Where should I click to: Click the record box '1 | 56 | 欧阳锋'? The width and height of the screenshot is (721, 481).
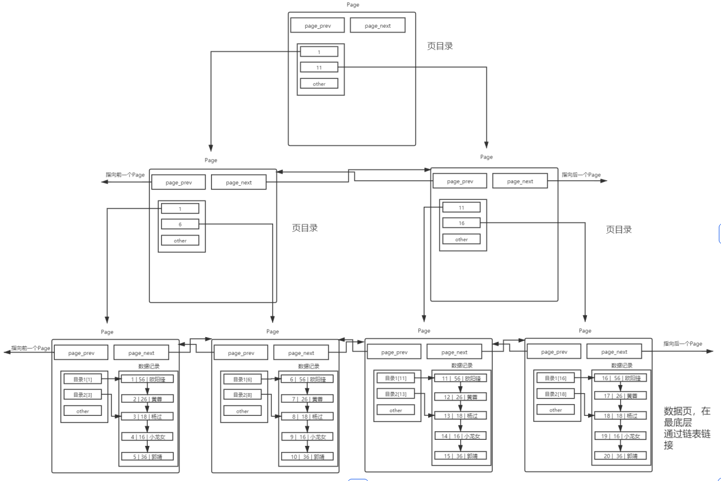147,379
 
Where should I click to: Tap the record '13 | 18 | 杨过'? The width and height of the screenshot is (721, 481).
461,416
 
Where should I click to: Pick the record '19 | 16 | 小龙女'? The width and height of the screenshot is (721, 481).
620,435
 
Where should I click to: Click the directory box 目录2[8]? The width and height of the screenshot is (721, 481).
242,394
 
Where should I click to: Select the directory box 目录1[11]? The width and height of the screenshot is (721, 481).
396,378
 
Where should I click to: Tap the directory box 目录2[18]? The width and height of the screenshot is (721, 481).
556,394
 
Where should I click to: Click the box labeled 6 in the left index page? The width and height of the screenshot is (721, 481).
180,225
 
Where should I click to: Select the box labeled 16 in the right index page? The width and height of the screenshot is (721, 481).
461,223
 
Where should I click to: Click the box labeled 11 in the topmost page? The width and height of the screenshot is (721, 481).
319,67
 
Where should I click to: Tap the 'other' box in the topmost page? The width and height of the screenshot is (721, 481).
319,84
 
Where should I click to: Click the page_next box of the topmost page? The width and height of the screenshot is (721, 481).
378,25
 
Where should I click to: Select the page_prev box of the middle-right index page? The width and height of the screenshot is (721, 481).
460,181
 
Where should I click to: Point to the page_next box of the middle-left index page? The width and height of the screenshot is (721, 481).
239,183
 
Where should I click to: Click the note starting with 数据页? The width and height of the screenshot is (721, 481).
688,427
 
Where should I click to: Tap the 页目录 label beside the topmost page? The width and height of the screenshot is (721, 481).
440,46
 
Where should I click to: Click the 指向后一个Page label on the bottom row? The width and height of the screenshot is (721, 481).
682,344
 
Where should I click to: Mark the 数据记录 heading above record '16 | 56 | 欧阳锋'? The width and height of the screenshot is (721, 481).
621,365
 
